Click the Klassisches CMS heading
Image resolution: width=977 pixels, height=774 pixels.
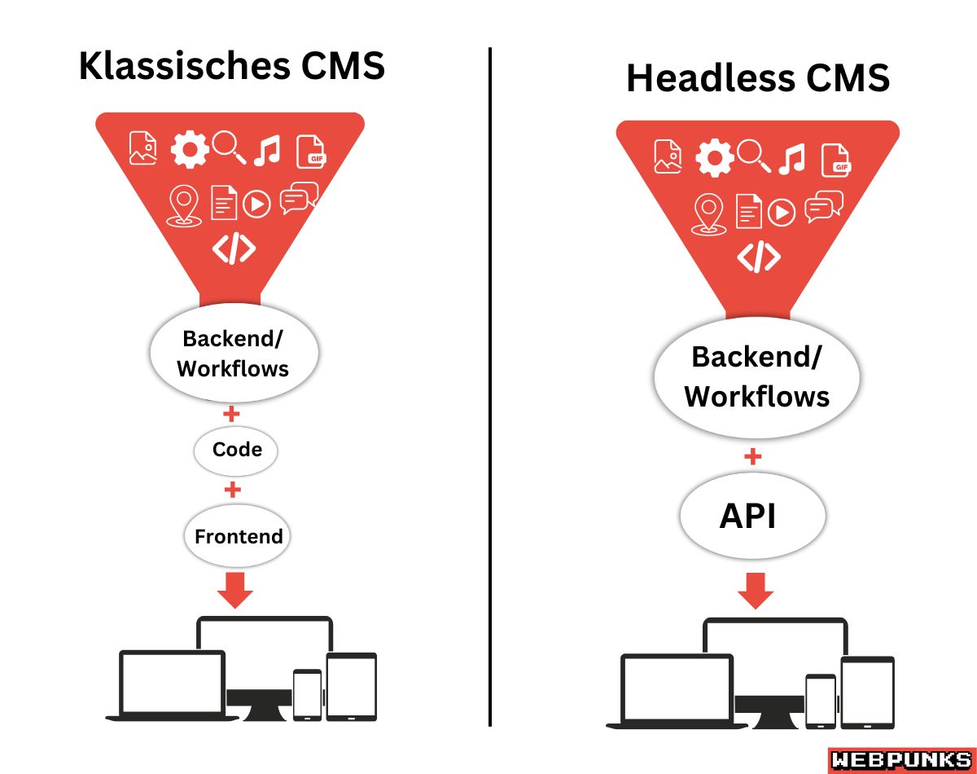click(x=231, y=66)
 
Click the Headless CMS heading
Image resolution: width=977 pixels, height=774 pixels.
click(x=757, y=78)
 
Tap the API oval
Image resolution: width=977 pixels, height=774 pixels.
click(x=752, y=517)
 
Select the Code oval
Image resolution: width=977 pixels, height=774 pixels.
click(x=236, y=450)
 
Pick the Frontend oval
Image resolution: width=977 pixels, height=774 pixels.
click(x=238, y=536)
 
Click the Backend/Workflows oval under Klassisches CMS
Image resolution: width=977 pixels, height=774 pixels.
click(x=233, y=354)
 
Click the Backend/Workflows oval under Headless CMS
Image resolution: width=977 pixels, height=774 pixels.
click(x=756, y=376)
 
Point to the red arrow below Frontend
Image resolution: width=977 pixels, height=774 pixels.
click(x=236, y=590)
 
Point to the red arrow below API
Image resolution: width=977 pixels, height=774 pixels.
click(x=755, y=591)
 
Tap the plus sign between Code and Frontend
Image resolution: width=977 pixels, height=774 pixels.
click(x=233, y=490)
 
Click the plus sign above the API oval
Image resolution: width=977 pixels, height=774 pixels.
click(x=753, y=457)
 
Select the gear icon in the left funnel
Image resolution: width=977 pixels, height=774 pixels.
click(x=189, y=150)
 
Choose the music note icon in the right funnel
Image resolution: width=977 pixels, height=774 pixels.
click(x=791, y=159)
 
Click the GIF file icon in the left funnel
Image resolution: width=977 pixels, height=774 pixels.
click(x=310, y=152)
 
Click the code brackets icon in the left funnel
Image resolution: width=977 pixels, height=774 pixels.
click(x=234, y=249)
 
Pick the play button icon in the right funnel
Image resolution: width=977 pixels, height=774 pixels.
click(x=782, y=213)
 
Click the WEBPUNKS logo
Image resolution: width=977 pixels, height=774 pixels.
click(x=900, y=759)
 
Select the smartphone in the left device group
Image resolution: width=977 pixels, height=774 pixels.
click(x=308, y=694)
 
